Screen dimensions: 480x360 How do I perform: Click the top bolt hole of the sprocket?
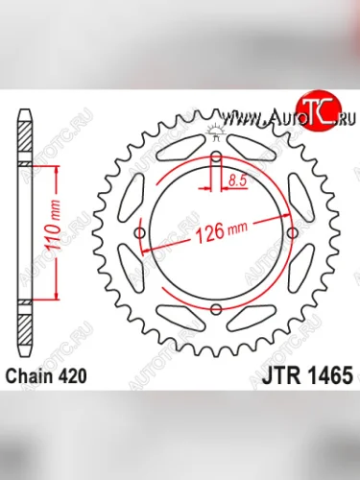(x=217, y=157)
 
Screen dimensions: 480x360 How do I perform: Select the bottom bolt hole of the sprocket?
(x=217, y=308)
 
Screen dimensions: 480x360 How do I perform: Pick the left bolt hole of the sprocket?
(x=141, y=233)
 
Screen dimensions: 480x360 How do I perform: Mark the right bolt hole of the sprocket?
(x=293, y=233)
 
